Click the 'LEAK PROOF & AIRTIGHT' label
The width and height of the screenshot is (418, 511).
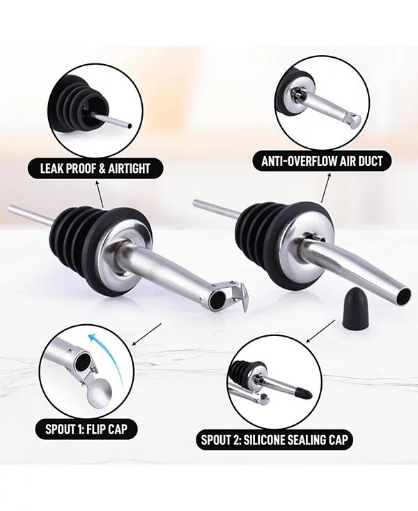click(95, 169)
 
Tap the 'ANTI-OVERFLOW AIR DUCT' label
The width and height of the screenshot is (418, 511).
click(322, 161)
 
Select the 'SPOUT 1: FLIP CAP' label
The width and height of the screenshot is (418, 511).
click(86, 429)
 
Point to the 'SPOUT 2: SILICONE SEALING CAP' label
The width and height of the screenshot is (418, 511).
click(274, 440)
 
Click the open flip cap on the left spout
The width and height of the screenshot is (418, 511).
click(236, 296)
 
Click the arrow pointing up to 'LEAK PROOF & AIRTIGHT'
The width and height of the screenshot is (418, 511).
click(100, 195)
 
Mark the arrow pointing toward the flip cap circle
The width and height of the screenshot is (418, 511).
click(146, 335)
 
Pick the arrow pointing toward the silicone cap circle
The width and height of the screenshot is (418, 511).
click(320, 331)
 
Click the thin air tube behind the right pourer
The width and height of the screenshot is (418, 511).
click(216, 209)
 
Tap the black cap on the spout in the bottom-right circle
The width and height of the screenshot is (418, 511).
click(305, 393)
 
